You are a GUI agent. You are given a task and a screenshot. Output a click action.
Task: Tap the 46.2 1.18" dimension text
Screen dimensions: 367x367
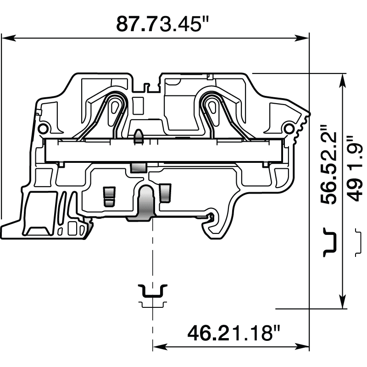point(234,333)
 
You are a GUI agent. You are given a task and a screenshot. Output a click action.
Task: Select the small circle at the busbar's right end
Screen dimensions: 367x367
point(289,128)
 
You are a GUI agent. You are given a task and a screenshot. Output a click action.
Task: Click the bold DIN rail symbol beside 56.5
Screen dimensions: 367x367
point(330,242)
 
